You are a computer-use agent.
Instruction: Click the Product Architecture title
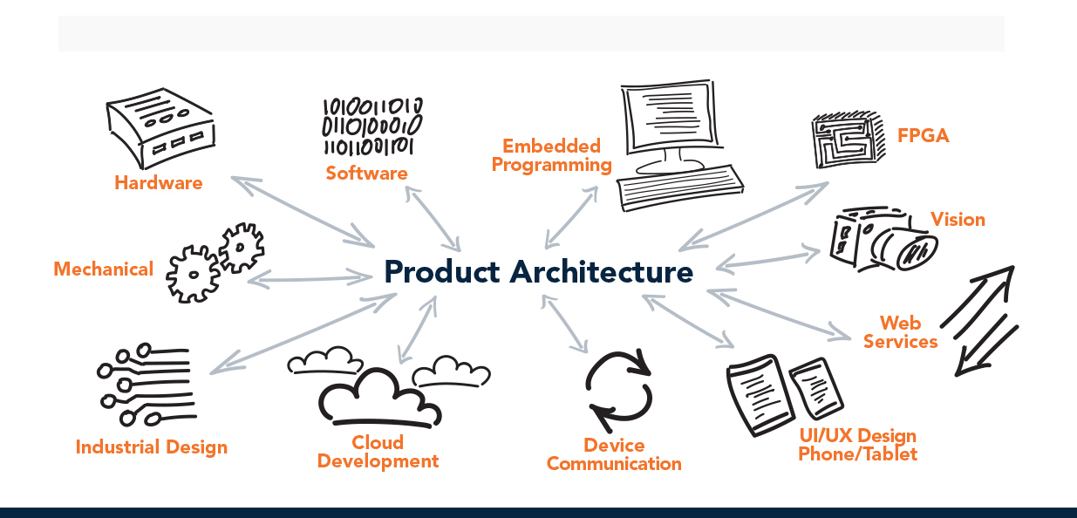(x=538, y=271)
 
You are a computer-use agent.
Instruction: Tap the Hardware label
(x=158, y=183)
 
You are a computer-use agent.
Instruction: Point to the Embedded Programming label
(x=551, y=155)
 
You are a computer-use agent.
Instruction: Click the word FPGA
(x=923, y=136)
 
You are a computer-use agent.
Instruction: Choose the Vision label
(x=958, y=220)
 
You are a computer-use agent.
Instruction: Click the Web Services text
(x=900, y=332)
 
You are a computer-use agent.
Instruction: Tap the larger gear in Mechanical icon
(x=194, y=274)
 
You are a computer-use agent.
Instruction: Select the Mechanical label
(x=103, y=269)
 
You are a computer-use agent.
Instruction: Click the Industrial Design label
(x=151, y=447)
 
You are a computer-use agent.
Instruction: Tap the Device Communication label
(x=614, y=454)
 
